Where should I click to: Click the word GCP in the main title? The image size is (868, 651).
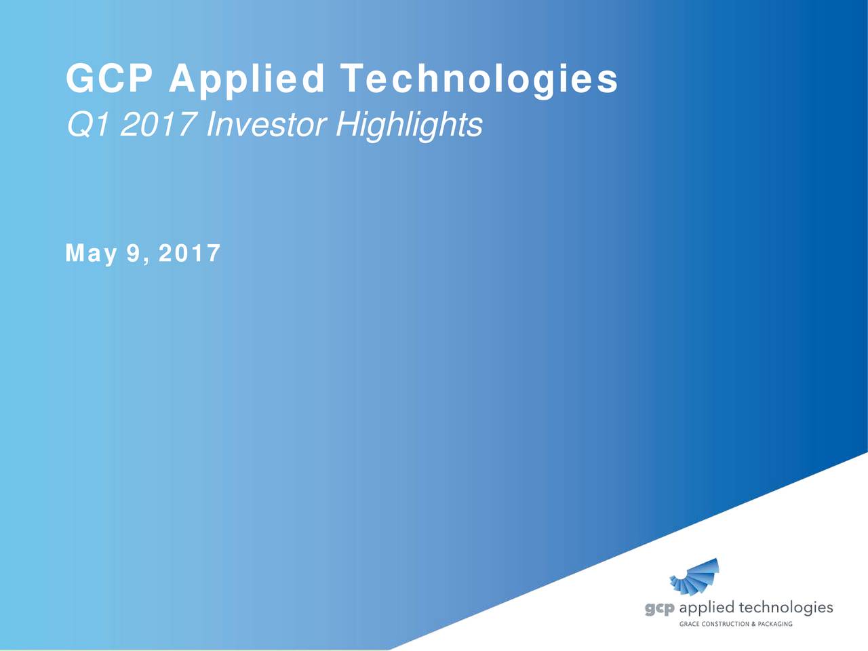pos(109,79)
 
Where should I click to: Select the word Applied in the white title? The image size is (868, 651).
pos(248,80)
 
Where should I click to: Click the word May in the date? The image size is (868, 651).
pos(91,254)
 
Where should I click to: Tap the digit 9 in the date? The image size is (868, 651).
pos(133,254)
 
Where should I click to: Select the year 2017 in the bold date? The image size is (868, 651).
pos(189,254)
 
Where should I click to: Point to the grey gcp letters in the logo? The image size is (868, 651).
pos(659,609)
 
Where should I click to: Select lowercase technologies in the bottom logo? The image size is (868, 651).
pos(785,608)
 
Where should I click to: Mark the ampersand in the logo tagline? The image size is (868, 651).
pos(752,624)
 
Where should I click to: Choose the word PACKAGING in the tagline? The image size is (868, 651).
pos(774,624)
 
